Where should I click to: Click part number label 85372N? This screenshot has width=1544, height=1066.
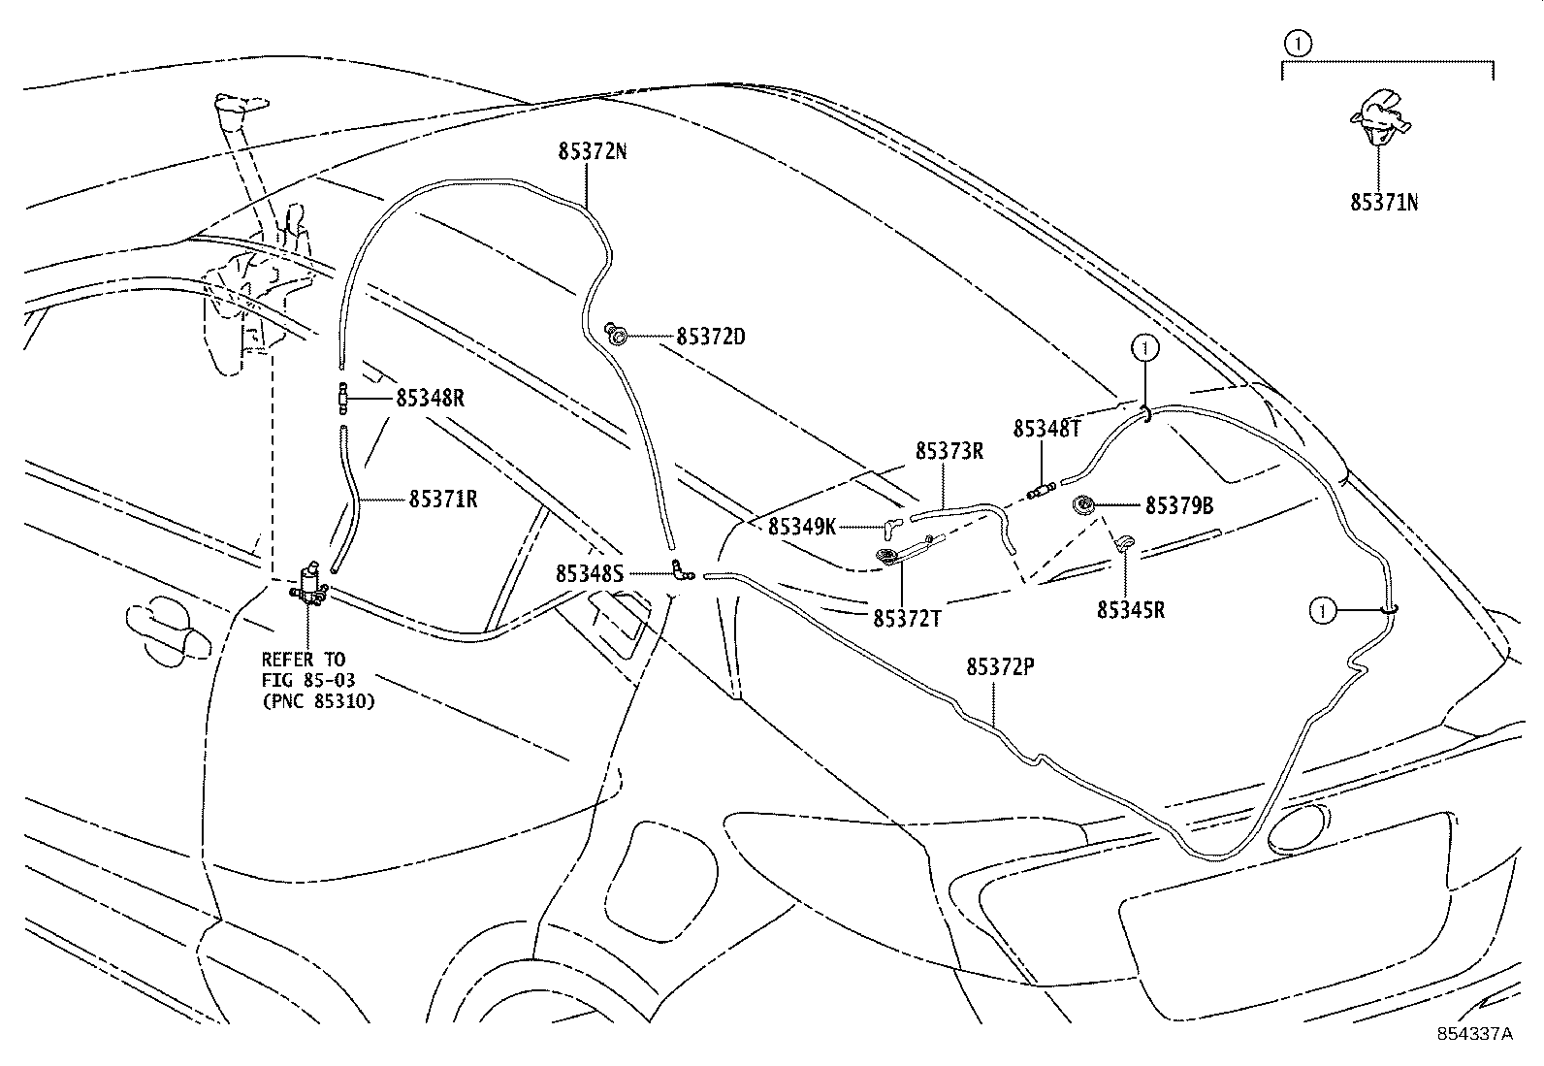(x=592, y=151)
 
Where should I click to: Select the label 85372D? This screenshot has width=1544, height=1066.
(x=710, y=338)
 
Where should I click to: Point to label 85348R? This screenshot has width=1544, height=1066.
(x=430, y=398)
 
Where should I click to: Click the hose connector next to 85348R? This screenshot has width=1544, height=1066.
(x=342, y=397)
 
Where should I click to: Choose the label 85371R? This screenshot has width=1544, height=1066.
(x=442, y=500)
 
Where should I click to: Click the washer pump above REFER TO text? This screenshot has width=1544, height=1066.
(x=310, y=585)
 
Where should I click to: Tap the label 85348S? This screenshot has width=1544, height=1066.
(x=590, y=574)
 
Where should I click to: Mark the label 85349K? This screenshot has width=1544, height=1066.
(x=802, y=527)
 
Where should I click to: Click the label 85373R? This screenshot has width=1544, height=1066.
(x=949, y=451)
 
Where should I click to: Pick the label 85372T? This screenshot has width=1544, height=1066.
(x=907, y=619)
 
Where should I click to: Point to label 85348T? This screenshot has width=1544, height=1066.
(x=1046, y=429)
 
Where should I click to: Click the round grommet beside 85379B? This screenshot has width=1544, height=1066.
(x=1082, y=505)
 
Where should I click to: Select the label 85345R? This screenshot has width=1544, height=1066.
(x=1131, y=610)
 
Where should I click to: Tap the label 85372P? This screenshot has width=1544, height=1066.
(x=1000, y=667)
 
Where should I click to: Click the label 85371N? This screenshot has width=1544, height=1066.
(x=1385, y=203)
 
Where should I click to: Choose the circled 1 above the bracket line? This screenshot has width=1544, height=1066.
(x=1298, y=42)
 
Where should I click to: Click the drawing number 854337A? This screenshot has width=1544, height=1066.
(x=1474, y=1034)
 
